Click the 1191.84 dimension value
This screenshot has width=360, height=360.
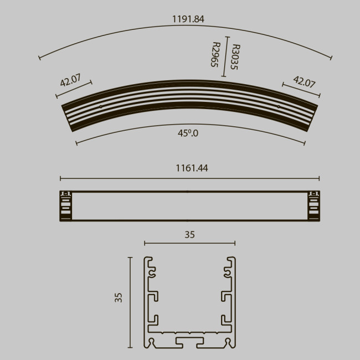[188, 19]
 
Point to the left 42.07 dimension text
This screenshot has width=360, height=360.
[70, 81]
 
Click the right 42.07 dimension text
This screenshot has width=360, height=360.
[304, 82]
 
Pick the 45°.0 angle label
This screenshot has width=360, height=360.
[188, 133]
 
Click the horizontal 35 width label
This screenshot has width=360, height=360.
[189, 235]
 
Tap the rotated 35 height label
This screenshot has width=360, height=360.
[118, 298]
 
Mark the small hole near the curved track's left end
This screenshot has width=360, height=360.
[100, 106]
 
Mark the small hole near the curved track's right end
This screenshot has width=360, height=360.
[277, 106]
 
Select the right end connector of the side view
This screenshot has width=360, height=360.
[313, 205]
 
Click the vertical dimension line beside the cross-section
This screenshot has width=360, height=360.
[131, 302]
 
